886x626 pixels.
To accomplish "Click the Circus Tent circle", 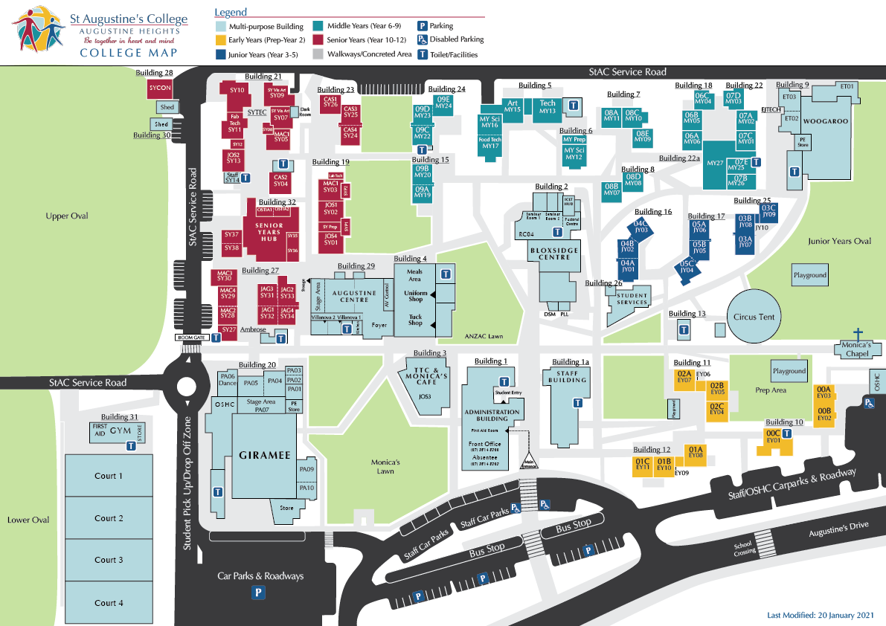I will click(754, 317).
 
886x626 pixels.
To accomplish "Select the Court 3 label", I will click(109, 560).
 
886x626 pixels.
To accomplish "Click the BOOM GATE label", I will click(192, 338).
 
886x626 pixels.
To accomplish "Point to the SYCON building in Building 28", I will click(160, 88).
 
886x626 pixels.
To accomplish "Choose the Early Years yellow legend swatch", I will click(220, 40).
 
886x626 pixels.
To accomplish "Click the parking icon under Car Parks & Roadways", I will click(259, 593).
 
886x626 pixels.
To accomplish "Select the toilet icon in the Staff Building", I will click(577, 402).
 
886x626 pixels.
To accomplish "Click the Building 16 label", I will click(652, 212).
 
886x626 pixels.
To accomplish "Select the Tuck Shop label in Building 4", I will click(415, 320).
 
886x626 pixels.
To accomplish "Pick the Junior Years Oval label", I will click(839, 241).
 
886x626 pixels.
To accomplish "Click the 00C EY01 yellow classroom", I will click(774, 437).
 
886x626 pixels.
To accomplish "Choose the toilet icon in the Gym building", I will click(131, 446).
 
